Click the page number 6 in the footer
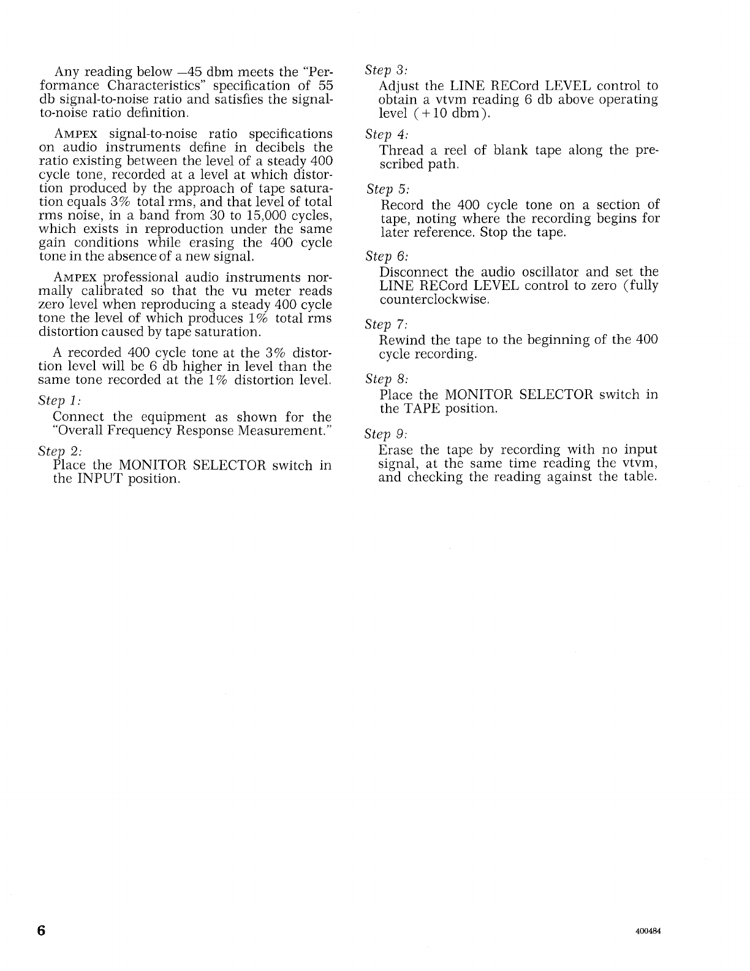[41, 930]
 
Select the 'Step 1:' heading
[60, 401]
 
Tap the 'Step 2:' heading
[60, 451]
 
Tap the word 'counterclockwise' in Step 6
[433, 300]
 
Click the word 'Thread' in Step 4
[401, 151]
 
